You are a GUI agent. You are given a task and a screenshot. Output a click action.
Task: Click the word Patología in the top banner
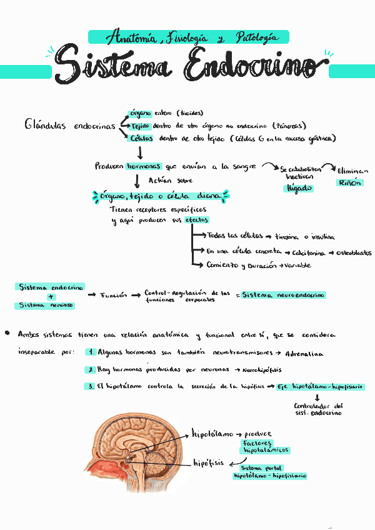coord(256,38)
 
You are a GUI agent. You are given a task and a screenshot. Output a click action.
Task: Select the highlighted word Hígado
coord(299,188)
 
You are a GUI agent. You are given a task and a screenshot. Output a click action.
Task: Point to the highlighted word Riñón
coord(349,183)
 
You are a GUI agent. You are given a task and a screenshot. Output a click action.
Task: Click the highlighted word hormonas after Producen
coord(144,167)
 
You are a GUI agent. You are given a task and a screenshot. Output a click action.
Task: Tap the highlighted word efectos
coord(196,220)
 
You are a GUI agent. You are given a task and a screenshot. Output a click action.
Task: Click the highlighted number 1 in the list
coord(91,352)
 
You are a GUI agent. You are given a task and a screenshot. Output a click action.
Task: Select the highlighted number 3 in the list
coord(91,386)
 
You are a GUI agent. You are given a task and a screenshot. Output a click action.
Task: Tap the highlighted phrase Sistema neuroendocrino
coord(284,294)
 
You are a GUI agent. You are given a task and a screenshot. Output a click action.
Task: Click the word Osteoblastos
coord(354,253)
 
